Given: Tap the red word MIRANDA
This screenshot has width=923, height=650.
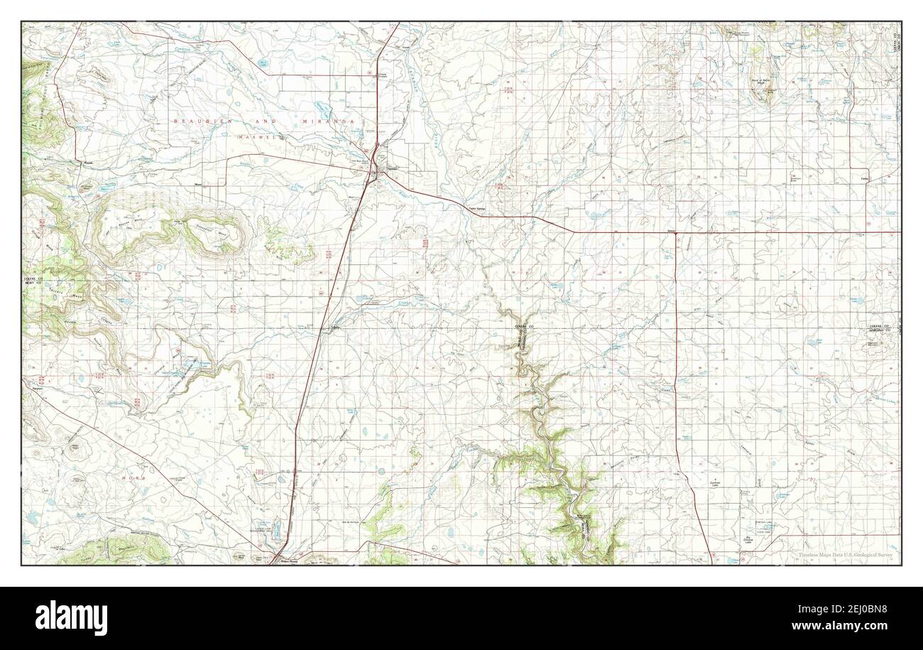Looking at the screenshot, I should pyautogui.click(x=329, y=122).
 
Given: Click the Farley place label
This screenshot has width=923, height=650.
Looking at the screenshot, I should pyautogui.click(x=864, y=178).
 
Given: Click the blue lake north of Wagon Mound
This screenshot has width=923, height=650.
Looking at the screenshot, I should pyautogui.click(x=276, y=528).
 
